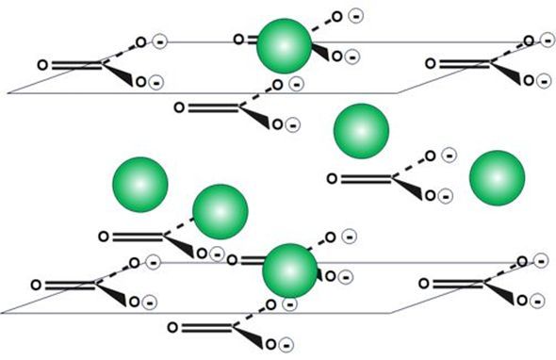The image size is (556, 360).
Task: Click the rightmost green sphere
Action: pyautogui.click(x=497, y=178)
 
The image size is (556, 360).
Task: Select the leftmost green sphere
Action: pyautogui.click(x=140, y=185)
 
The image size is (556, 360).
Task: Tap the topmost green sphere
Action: pyautogui.click(x=284, y=46)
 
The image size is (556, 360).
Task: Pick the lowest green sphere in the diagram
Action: pyautogui.click(x=289, y=270)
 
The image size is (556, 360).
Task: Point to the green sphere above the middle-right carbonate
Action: pyautogui.click(x=361, y=131)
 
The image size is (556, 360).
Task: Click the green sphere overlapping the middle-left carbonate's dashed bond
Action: pyautogui.click(x=221, y=212)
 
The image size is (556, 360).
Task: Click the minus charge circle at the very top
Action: pyautogui.click(x=355, y=16)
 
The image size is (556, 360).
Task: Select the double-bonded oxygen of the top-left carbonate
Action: pyautogui.click(x=42, y=65)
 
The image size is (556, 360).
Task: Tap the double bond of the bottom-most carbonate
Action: pyautogui.click(x=207, y=327)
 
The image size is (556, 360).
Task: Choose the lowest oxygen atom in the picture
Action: pyautogui.click(x=270, y=344)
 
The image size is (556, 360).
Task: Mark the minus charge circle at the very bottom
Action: pyautogui.click(x=286, y=345)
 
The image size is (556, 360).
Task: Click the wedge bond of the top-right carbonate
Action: pyautogui.click(x=506, y=74)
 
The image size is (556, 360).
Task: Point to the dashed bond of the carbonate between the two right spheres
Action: pyautogui.click(x=409, y=166)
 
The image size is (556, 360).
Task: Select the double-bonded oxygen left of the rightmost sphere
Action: pyautogui.click(x=332, y=178)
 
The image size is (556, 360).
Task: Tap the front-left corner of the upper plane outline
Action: pyautogui.click(x=8, y=93)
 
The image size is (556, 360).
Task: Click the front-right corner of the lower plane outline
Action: pyautogui.click(x=391, y=313)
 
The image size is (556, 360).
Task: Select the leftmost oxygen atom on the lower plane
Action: pyautogui.click(x=36, y=285)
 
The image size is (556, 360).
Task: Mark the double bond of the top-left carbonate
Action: pyautogui.click(x=77, y=65)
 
